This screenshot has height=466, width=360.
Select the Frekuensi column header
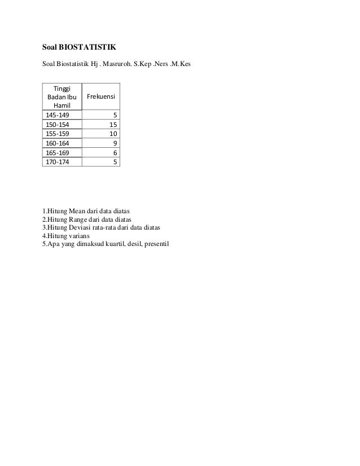[x=100, y=97]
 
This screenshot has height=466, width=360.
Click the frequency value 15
[x=113, y=125]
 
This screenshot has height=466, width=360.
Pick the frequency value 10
[x=113, y=134]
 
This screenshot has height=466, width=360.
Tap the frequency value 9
[x=115, y=143]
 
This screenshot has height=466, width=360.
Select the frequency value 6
[x=115, y=152]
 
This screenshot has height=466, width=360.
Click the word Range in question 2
[x=80, y=219]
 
